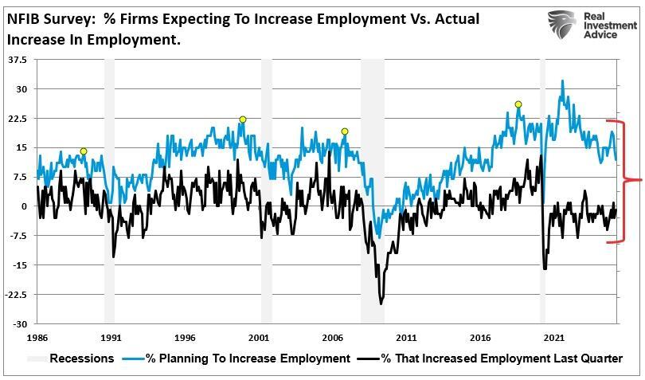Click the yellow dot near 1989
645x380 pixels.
(x=84, y=151)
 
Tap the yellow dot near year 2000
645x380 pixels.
(x=243, y=119)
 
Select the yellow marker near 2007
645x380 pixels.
(x=345, y=131)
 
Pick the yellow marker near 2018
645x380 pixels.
(x=518, y=104)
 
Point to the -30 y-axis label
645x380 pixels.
(x=19, y=324)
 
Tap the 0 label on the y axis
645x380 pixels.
(x=24, y=206)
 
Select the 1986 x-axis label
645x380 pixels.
(x=37, y=337)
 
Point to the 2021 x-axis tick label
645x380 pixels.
(x=555, y=337)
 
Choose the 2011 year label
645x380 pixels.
(x=406, y=337)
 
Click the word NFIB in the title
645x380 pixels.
(x=24, y=18)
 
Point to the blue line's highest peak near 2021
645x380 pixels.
(x=563, y=80)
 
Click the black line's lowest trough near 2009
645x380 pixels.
(x=381, y=304)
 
